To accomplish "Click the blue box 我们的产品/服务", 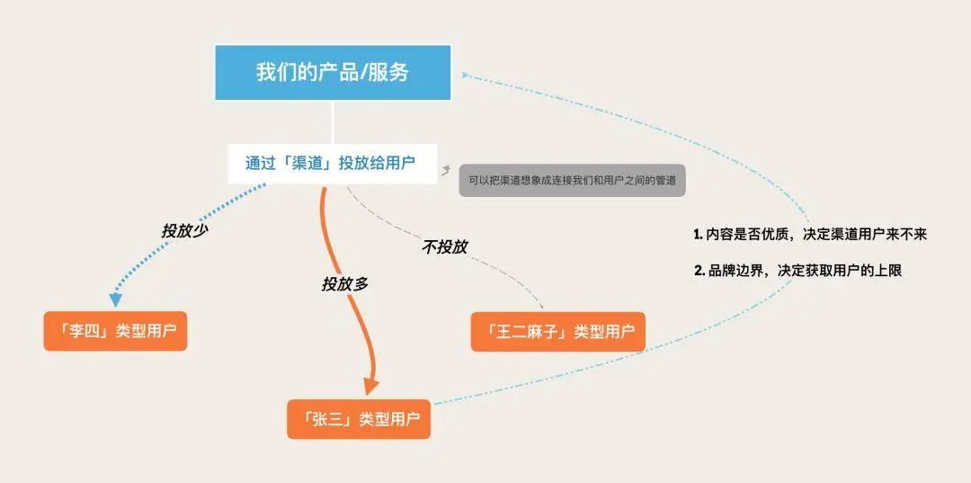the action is click(x=332, y=73).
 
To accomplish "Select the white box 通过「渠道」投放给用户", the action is click(x=332, y=164).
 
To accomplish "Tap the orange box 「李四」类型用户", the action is click(x=115, y=331).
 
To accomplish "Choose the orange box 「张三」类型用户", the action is click(x=359, y=419).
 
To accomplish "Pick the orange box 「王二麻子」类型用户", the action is click(x=558, y=331).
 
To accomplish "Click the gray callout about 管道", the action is click(x=572, y=180).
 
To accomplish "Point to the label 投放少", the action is click(x=185, y=230).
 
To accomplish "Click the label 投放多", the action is click(x=344, y=283).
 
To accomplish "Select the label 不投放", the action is click(x=444, y=246).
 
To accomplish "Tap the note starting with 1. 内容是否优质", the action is click(x=809, y=234).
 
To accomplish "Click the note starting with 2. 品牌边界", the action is click(x=797, y=270).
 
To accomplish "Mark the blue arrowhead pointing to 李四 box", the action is click(x=114, y=300).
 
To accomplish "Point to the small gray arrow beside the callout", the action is click(x=446, y=168).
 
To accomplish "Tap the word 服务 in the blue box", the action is click(x=388, y=73).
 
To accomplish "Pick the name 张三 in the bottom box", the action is click(x=327, y=419).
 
